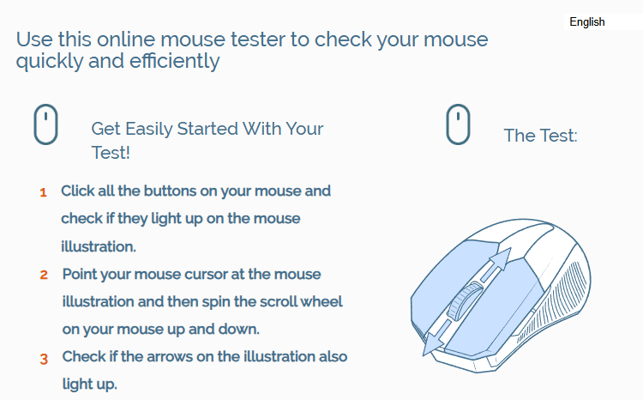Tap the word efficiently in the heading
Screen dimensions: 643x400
click(175, 61)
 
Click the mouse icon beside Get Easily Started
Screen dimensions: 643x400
click(45, 124)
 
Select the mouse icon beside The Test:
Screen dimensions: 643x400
click(458, 124)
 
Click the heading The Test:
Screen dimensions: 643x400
click(540, 136)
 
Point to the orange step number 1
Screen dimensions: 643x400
click(43, 192)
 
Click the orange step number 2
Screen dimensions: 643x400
click(44, 275)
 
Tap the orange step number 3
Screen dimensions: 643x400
click(44, 359)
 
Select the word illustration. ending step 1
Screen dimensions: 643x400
click(99, 246)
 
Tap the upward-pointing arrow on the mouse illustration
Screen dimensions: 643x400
click(497, 264)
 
